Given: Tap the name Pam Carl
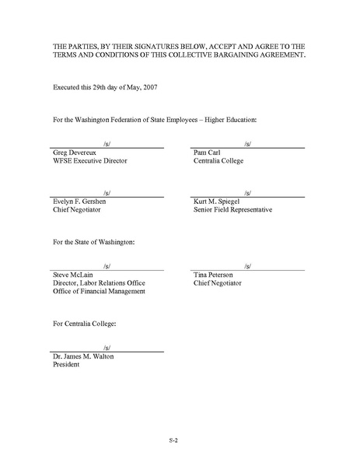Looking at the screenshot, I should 209,153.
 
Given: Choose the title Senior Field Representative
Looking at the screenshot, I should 232,210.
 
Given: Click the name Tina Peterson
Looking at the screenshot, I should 215,275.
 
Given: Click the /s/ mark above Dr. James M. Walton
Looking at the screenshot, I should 107,346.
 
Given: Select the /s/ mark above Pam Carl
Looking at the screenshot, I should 247,144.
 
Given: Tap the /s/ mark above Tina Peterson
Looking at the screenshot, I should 247,265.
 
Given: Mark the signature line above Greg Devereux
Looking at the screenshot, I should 107,148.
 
